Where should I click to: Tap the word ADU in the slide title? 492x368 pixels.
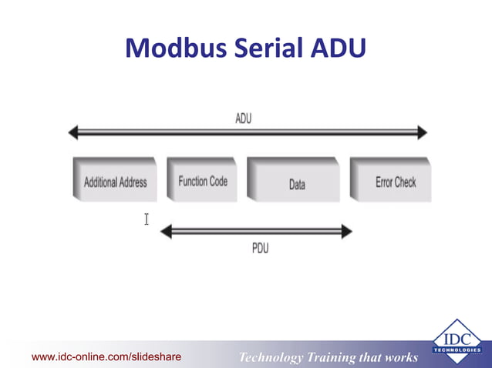tap(337, 49)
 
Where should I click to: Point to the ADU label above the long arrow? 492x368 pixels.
tap(243, 119)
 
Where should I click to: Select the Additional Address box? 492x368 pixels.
tap(115, 182)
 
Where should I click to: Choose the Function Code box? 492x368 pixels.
tap(203, 181)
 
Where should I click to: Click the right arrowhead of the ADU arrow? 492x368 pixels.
tap(421, 133)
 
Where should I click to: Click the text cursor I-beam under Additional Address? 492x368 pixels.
tap(146, 219)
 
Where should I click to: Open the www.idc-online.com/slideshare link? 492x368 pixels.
tap(106, 356)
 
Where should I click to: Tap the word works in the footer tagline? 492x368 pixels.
tap(399, 357)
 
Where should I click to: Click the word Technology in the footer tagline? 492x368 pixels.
tap(272, 357)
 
